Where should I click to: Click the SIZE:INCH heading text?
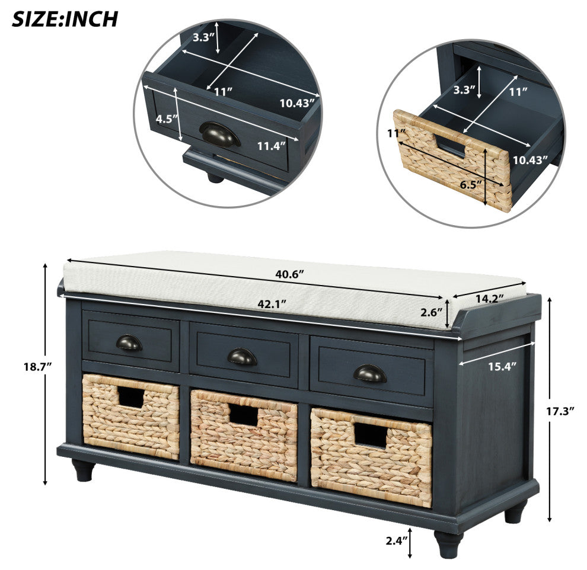click(x=65, y=20)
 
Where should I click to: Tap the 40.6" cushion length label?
click(x=289, y=274)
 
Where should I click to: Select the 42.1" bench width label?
click(x=272, y=304)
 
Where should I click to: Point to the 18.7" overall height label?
click(x=37, y=367)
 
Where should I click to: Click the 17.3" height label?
click(x=560, y=412)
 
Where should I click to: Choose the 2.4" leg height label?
click(x=397, y=540)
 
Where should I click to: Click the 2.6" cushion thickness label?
click(x=431, y=313)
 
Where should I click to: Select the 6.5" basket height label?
click(x=471, y=184)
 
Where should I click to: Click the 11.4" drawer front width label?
click(x=272, y=146)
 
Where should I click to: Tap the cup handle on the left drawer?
click(x=129, y=342)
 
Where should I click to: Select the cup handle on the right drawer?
click(x=370, y=373)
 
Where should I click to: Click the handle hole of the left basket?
click(x=130, y=397)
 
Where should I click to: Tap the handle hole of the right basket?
click(x=371, y=435)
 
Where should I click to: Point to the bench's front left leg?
click(x=83, y=470)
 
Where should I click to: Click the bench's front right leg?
click(x=448, y=545)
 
